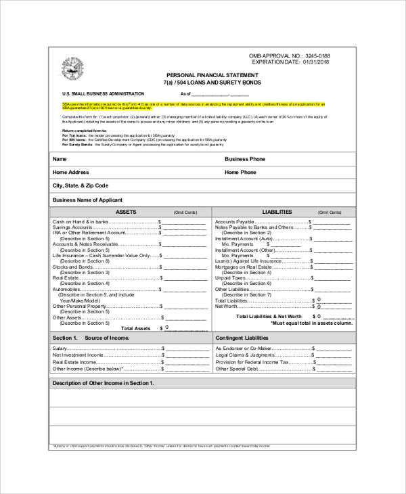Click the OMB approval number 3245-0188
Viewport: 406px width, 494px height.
coord(318,55)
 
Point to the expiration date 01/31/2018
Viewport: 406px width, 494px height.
coord(317,62)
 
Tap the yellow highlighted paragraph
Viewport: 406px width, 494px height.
coord(193,105)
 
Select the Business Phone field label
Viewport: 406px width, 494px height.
coord(245,159)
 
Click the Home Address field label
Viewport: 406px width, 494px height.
coord(71,173)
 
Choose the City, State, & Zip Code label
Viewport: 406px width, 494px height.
coord(81,185)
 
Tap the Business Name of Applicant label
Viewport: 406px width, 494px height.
coord(87,200)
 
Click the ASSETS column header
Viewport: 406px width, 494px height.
coord(126,212)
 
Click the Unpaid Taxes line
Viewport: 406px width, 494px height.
coord(230,277)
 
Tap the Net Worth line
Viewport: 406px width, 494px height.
coord(227,306)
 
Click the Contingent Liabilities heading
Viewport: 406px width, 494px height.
coord(242,337)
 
